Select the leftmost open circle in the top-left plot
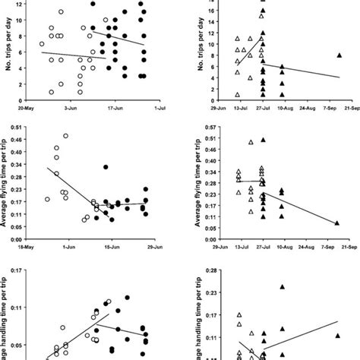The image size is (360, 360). (x=43, y=44)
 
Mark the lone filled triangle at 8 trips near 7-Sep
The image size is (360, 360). (x=339, y=55)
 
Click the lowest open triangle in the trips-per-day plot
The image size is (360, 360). (x=238, y=94)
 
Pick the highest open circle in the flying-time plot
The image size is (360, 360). (x=66, y=136)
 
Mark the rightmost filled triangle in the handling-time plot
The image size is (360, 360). (x=337, y=335)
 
